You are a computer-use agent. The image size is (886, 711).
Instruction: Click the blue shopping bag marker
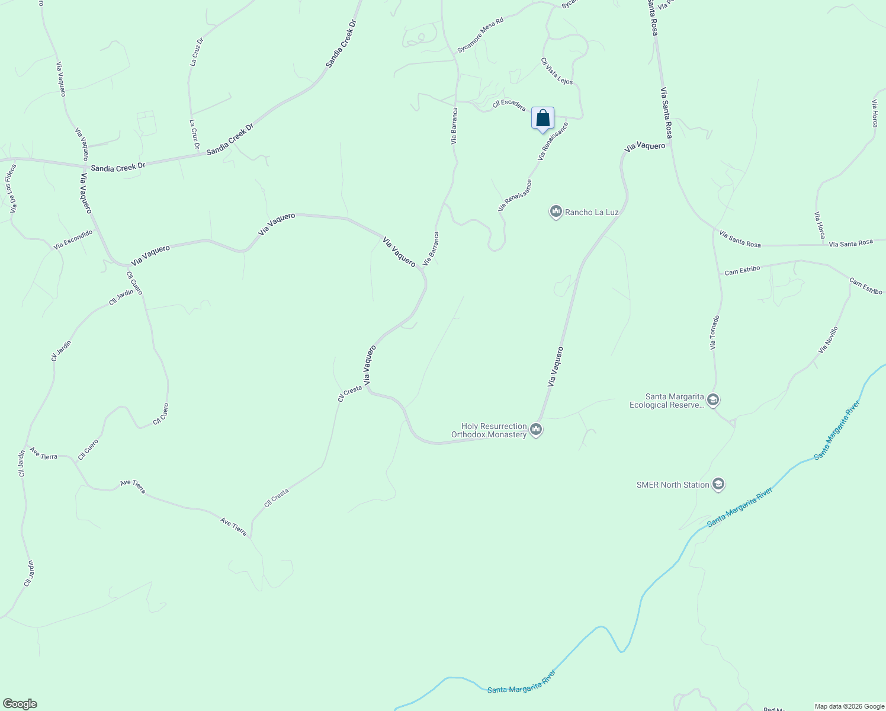[x=542, y=118]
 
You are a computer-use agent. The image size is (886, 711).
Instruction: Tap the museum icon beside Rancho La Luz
[x=556, y=212]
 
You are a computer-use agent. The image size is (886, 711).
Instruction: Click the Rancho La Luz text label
[x=592, y=212]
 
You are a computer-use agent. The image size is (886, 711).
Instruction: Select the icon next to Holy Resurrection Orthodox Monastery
[x=536, y=430]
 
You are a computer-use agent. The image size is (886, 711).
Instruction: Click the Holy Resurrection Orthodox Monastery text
[x=489, y=430]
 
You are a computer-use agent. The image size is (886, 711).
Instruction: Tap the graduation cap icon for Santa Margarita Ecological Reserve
[x=713, y=401]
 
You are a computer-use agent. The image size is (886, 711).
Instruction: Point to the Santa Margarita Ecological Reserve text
[x=666, y=401]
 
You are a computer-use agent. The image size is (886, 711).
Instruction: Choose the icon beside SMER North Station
[x=718, y=485]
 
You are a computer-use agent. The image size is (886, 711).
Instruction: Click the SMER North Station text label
[x=673, y=485]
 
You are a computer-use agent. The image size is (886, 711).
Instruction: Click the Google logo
[x=20, y=704]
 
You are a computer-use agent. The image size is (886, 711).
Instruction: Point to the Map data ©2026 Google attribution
[x=849, y=706]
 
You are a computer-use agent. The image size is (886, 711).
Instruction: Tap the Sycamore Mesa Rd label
[x=480, y=36]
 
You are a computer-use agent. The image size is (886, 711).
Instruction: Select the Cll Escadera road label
[x=509, y=104]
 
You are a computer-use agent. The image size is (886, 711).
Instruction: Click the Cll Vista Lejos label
[x=557, y=71]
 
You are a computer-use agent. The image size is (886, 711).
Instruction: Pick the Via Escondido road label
[x=73, y=239]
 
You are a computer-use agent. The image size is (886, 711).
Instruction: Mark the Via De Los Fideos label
[x=11, y=188]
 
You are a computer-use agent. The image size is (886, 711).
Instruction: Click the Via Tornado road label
[x=715, y=332]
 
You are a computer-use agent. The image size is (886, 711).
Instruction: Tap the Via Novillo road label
[x=828, y=340]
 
